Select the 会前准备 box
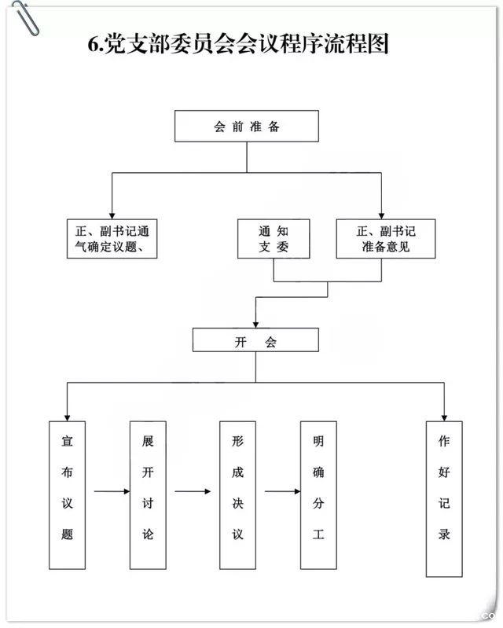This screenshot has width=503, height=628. pos(246,127)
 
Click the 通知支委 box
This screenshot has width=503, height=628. pos(273,239)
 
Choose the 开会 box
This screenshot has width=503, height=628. pos(255,340)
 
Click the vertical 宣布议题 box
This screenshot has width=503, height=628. pos(67,494)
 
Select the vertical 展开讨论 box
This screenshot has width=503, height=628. pos(148,494)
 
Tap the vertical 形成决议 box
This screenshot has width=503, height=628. pos(237,494)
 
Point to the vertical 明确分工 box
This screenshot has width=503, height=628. pos(318,494)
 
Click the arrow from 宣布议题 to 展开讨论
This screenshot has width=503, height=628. pos(112,492)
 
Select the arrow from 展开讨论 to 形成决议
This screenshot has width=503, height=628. pos(193,492)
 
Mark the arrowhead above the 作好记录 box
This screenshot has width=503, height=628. pos(444,415)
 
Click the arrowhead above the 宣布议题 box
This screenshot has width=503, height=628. pos(67,415)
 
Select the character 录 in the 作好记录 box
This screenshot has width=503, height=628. pos(444,534)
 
